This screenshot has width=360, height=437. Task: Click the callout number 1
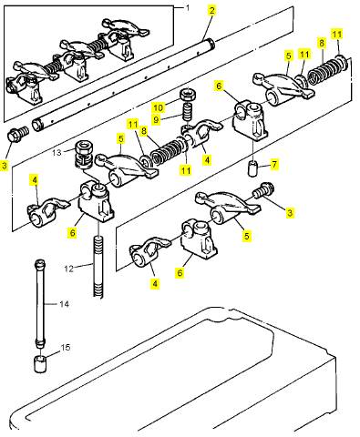tap(188, 8)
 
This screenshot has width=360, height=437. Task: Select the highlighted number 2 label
tap(211, 11)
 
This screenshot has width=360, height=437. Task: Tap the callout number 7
tap(274, 165)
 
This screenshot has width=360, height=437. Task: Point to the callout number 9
tap(156, 119)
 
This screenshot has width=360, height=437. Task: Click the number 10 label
tap(159, 107)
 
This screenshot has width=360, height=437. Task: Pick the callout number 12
tap(69, 269)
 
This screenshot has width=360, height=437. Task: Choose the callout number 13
tap(57, 152)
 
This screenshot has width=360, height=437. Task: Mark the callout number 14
tap(64, 304)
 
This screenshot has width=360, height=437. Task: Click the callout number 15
tap(66, 348)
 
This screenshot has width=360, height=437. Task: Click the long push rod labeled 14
tap(40, 303)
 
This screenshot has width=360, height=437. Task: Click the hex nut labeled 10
tap(189, 95)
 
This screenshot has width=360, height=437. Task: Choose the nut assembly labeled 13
tap(83, 153)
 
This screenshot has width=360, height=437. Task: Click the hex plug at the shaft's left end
tap(17, 133)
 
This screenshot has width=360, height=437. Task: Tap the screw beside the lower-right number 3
tap(263, 190)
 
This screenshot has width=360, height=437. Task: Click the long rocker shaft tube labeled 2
tap(124, 86)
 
